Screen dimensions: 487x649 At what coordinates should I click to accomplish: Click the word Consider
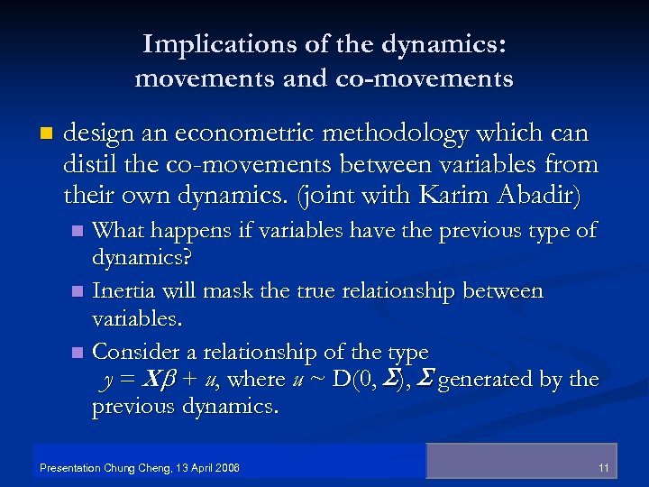tap(135, 351)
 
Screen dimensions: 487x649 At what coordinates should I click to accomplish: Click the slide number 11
tap(604, 468)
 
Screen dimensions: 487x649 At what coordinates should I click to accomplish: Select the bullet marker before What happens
tap(78, 232)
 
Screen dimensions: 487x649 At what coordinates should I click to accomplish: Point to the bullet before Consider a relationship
tap(78, 352)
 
